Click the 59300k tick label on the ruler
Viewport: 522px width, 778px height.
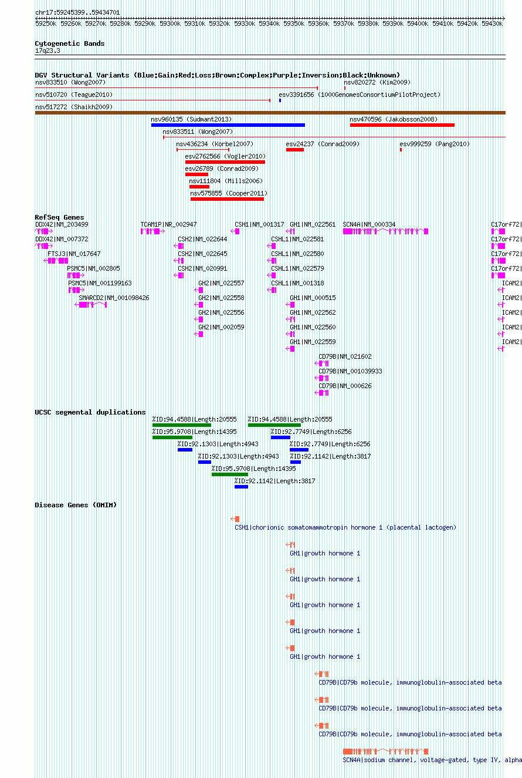point(170,23)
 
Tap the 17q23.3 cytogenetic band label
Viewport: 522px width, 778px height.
point(48,50)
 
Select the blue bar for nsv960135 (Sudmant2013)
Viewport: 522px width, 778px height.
point(228,125)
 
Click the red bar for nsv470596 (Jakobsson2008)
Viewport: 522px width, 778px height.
point(402,125)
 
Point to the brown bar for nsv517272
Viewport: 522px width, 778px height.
point(270,113)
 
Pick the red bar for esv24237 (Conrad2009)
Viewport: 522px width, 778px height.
point(295,150)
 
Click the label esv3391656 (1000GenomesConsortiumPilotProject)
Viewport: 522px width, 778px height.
point(360,95)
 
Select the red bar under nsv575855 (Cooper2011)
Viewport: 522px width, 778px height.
point(227,199)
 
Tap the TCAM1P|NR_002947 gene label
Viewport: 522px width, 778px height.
point(168,224)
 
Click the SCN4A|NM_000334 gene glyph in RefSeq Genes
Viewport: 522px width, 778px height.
point(385,231)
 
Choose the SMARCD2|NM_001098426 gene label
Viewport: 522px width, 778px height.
point(114,298)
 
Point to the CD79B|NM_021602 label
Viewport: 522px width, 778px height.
point(345,356)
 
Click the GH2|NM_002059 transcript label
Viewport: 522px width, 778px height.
point(221,327)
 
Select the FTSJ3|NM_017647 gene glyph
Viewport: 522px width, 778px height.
point(56,261)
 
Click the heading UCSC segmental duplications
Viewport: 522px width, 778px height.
point(90,412)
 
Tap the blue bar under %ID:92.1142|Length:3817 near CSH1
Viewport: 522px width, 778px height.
point(241,487)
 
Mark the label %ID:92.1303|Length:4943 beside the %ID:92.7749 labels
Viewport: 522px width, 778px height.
point(218,444)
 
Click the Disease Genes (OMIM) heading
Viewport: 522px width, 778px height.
point(76,505)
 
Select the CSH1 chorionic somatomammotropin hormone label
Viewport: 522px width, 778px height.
point(345,527)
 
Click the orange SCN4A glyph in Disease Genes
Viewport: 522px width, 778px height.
point(385,752)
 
